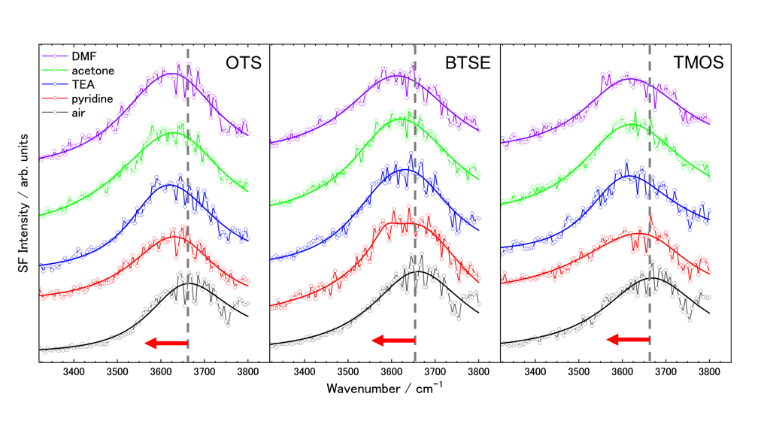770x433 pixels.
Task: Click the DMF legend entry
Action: [x=83, y=56]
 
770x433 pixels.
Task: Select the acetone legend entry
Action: [x=92, y=71]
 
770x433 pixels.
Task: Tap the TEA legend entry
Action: [x=83, y=85]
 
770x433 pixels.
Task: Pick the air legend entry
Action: [x=79, y=113]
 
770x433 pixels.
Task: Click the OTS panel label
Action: [x=244, y=63]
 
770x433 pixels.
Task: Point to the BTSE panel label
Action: [x=468, y=63]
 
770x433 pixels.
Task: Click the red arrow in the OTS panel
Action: [x=166, y=344]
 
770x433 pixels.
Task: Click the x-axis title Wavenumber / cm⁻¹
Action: [x=385, y=389]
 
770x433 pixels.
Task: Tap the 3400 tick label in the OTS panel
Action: [x=74, y=372]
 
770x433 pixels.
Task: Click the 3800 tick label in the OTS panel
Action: [x=248, y=372]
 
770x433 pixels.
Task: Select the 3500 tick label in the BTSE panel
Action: [x=347, y=372]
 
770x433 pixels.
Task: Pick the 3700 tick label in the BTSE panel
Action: [x=435, y=372]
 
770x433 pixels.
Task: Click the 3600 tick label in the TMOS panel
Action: [x=622, y=372]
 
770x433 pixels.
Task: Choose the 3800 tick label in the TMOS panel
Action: [x=709, y=372]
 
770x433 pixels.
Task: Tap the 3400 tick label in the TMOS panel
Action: [x=535, y=372]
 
